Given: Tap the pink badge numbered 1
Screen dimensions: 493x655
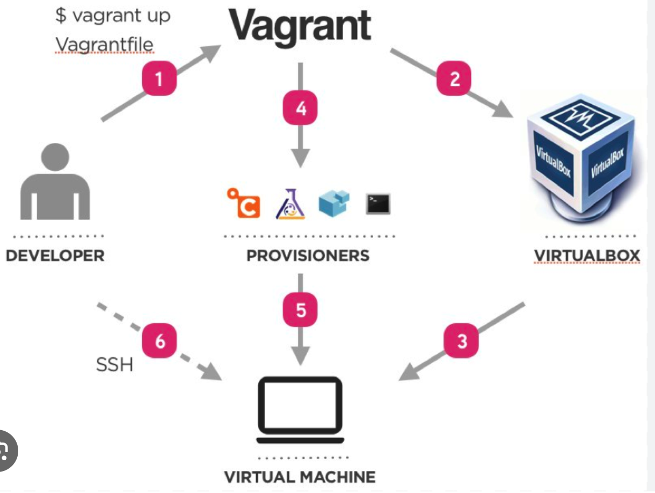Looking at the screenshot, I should (159, 79).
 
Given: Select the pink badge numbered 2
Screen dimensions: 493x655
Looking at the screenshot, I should (454, 79).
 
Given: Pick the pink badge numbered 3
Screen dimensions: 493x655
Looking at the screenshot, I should (461, 341).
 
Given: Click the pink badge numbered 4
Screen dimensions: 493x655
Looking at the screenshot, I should (301, 108).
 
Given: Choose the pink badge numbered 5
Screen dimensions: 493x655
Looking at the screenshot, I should (301, 310).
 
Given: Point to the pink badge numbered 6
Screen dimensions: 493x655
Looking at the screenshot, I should (159, 341).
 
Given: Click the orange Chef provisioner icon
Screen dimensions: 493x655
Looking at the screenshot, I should (244, 203).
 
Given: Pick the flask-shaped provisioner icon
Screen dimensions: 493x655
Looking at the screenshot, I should (290, 204).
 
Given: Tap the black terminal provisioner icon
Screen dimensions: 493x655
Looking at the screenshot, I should (378, 204).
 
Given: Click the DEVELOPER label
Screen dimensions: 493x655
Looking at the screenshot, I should (55, 255).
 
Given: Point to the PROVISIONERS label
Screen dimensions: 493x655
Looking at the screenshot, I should (308, 255).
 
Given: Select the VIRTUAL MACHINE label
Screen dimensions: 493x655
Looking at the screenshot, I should (300, 477).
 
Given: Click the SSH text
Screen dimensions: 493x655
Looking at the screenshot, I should (114, 365).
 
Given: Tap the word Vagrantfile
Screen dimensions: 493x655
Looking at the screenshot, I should (105, 45).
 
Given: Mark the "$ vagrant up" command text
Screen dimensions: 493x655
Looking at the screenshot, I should (113, 16).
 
